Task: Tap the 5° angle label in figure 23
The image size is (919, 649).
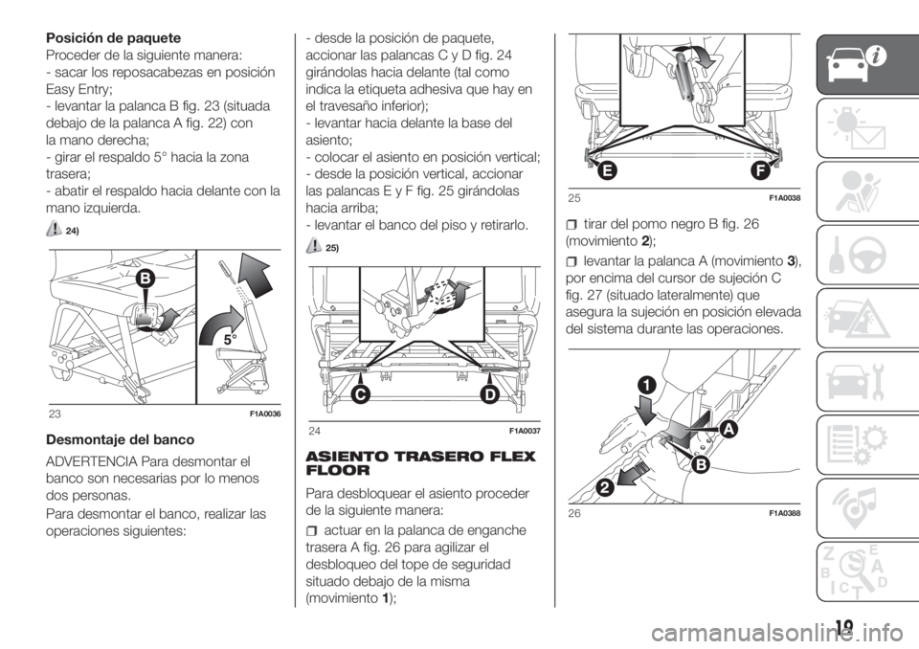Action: click(x=231, y=340)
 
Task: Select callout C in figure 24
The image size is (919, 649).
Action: click(x=347, y=395)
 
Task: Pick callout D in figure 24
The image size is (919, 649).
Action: click(x=491, y=395)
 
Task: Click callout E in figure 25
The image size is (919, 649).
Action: click(x=607, y=171)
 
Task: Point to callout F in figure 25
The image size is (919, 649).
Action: click(x=760, y=171)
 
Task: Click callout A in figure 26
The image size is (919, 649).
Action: click(x=728, y=430)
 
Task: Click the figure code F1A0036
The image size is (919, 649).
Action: click(x=265, y=414)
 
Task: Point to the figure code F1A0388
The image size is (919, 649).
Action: click(x=784, y=514)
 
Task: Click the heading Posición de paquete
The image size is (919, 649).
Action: click(x=113, y=38)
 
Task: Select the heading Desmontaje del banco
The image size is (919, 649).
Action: click(x=120, y=439)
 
